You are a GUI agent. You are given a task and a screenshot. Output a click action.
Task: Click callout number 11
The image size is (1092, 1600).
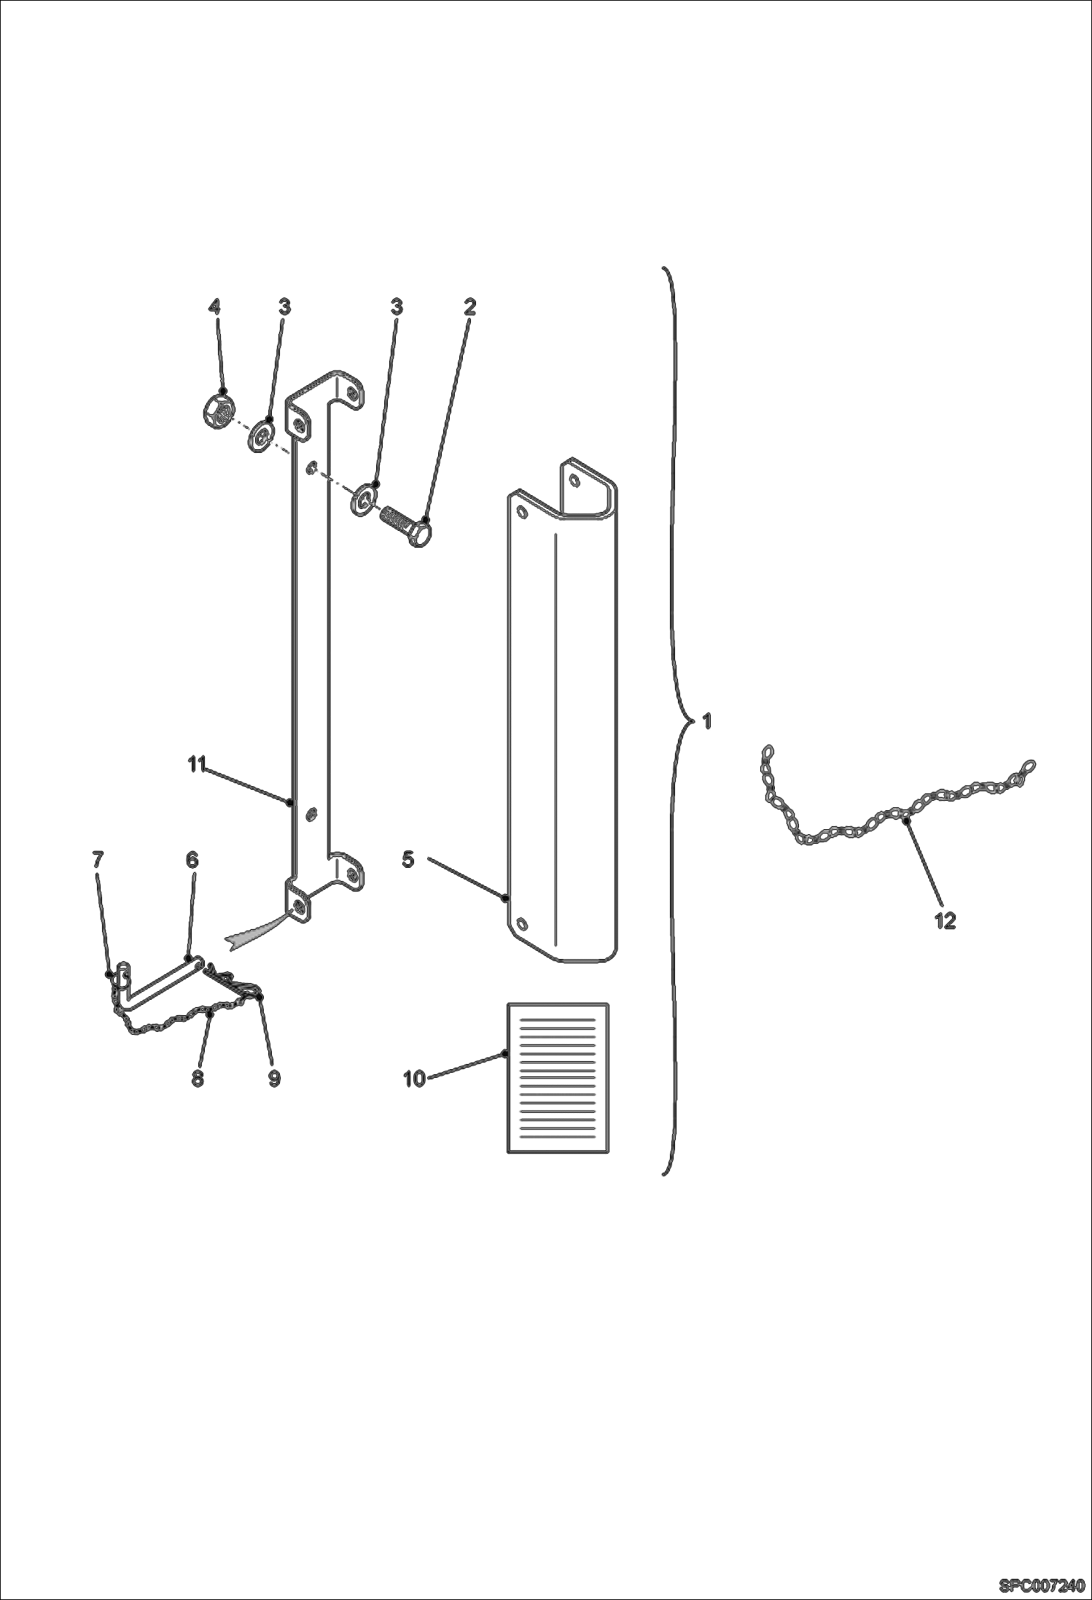point(197,764)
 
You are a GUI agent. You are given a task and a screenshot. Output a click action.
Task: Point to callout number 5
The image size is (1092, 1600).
point(408,860)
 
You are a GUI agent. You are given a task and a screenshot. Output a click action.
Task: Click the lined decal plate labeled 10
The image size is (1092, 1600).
point(558,1078)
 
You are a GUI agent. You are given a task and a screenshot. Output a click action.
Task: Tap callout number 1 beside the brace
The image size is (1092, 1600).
point(706,721)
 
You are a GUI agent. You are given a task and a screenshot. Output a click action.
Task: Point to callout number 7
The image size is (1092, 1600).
point(98,860)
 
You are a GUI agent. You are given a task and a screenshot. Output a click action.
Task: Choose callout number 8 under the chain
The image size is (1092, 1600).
point(198,1079)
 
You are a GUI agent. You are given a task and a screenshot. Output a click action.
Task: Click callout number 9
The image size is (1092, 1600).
point(274,1079)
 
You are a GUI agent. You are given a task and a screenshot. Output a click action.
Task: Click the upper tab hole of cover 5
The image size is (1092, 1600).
point(575,480)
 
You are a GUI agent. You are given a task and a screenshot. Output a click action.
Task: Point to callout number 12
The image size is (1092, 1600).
point(945,921)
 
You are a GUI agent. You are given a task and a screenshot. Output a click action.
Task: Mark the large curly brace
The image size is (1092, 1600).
point(674,721)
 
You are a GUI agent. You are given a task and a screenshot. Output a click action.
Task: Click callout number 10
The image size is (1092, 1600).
point(414,1079)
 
